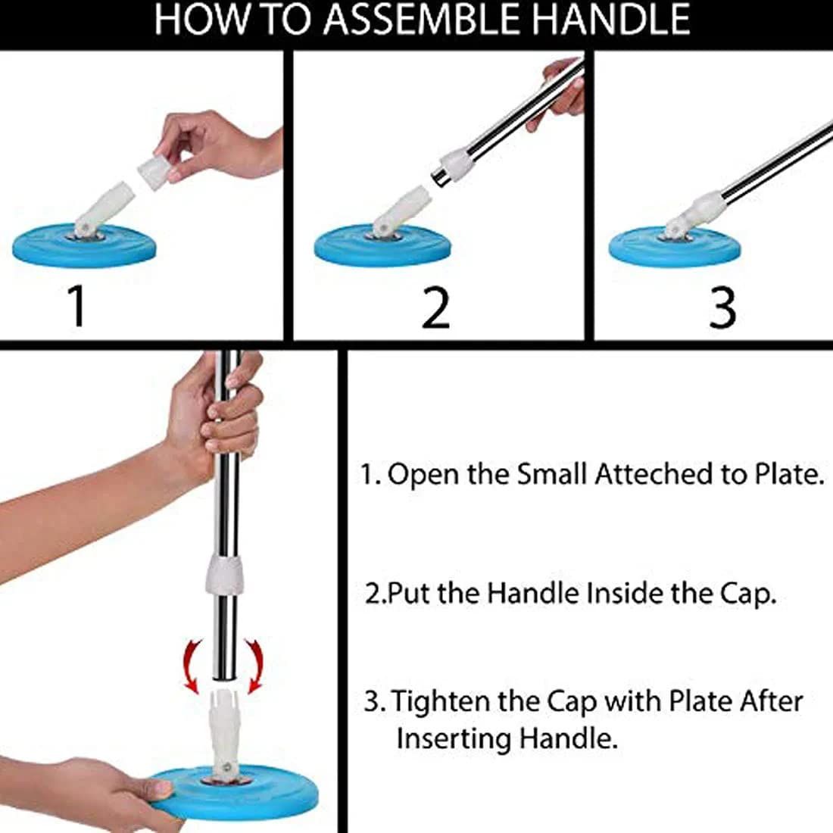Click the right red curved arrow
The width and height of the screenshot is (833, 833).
click(x=255, y=663)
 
